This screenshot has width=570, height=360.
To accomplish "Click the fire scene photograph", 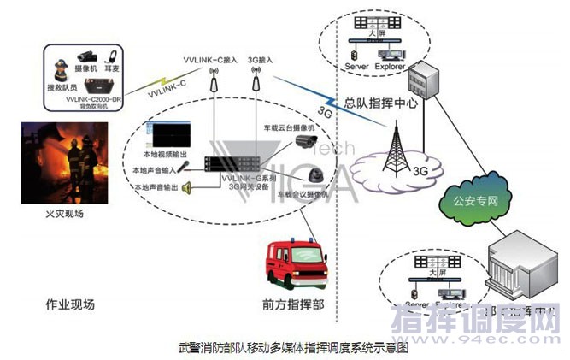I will point(66,161).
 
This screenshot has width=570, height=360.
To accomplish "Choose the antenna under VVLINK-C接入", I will point(211,81).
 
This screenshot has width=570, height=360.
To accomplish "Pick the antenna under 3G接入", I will point(254,81).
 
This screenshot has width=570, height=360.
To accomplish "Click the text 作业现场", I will point(71,304).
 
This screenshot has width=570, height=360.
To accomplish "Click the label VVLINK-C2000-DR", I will point(91,98).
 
